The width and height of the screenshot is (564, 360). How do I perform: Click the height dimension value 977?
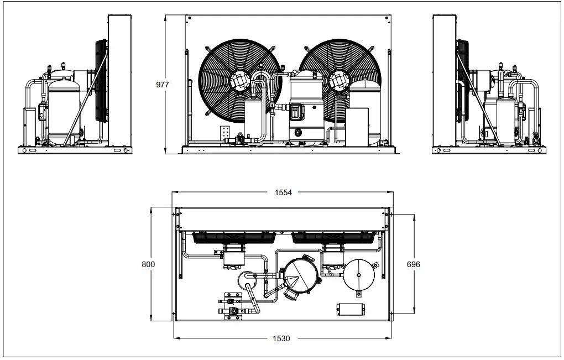pos(163,85)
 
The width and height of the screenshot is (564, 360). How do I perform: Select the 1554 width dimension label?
pos(282,192)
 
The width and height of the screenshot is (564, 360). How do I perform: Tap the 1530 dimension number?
pos(282,338)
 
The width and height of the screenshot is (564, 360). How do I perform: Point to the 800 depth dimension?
pos(148,264)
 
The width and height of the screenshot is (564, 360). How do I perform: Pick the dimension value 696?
pos(413,264)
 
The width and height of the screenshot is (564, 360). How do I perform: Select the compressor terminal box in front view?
pos(296,111)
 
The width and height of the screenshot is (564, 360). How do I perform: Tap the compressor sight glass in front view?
pos(299,132)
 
